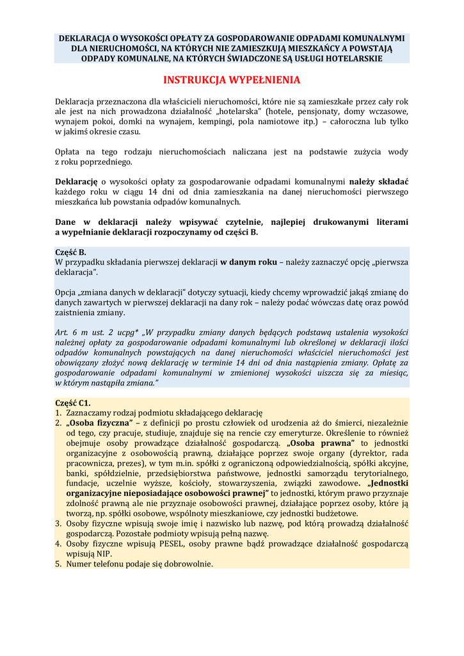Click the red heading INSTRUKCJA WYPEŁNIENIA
click(231, 80)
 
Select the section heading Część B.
click(70, 252)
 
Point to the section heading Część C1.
click(73, 402)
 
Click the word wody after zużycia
click(397, 152)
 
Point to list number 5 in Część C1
click(58, 564)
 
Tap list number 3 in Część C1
click(58, 523)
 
